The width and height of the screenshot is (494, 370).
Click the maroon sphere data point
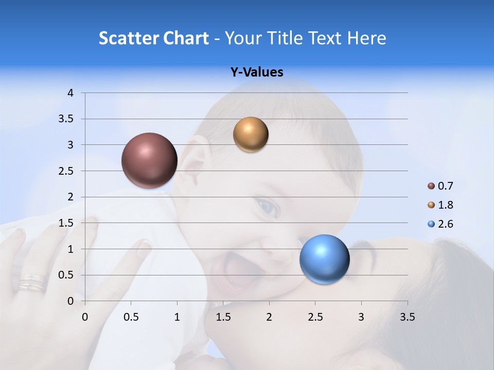point(149,160)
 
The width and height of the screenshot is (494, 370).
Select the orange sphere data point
point(251,135)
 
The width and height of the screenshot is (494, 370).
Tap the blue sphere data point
point(324,259)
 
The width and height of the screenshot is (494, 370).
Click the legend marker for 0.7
point(431,186)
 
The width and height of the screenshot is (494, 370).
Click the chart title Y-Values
point(257,72)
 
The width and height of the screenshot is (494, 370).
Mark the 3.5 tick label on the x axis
point(407,317)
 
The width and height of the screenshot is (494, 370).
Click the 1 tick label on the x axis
point(177,317)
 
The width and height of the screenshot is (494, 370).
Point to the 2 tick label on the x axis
point(269,317)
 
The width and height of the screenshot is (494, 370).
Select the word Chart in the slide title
point(186,38)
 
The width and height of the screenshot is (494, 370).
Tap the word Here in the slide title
point(366,38)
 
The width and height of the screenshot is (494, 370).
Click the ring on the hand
point(32,283)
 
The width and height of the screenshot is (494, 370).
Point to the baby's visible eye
point(268,207)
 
